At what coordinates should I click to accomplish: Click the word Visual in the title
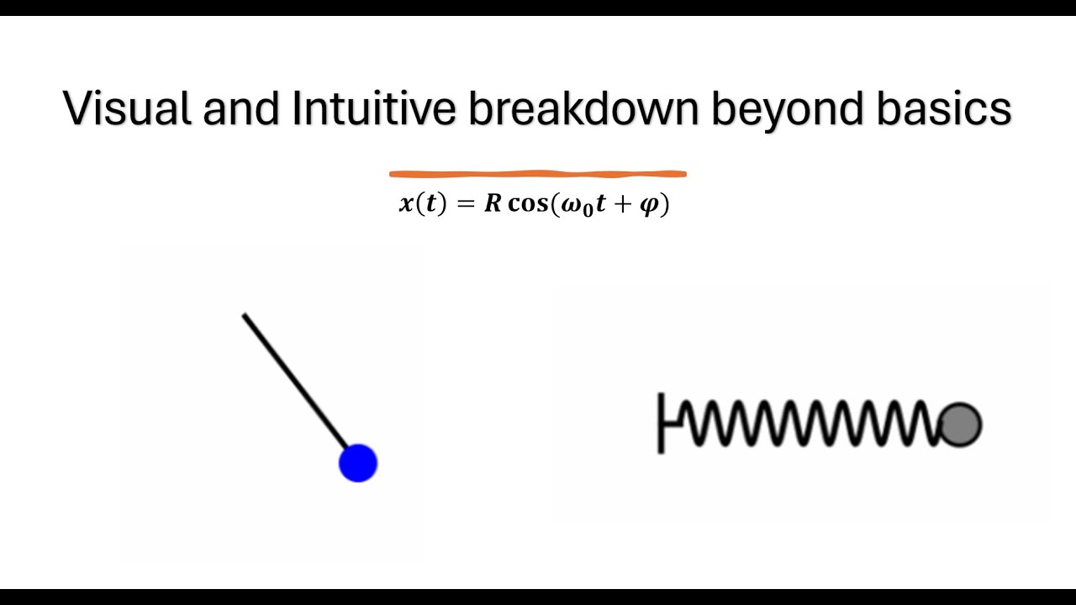(x=127, y=109)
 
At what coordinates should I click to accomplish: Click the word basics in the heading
(x=944, y=109)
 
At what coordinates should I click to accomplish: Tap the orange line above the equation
(x=538, y=174)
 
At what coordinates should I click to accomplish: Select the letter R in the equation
(x=493, y=205)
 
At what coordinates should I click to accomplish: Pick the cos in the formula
(x=527, y=205)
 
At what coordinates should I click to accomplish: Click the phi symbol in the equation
(x=649, y=207)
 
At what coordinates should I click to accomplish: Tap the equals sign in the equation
(x=466, y=205)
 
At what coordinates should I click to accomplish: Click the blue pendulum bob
(x=358, y=463)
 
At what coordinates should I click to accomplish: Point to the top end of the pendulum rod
(x=245, y=316)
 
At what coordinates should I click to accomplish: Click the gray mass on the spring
(x=960, y=424)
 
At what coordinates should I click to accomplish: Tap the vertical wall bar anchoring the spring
(x=661, y=423)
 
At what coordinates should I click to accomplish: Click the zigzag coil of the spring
(x=807, y=423)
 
